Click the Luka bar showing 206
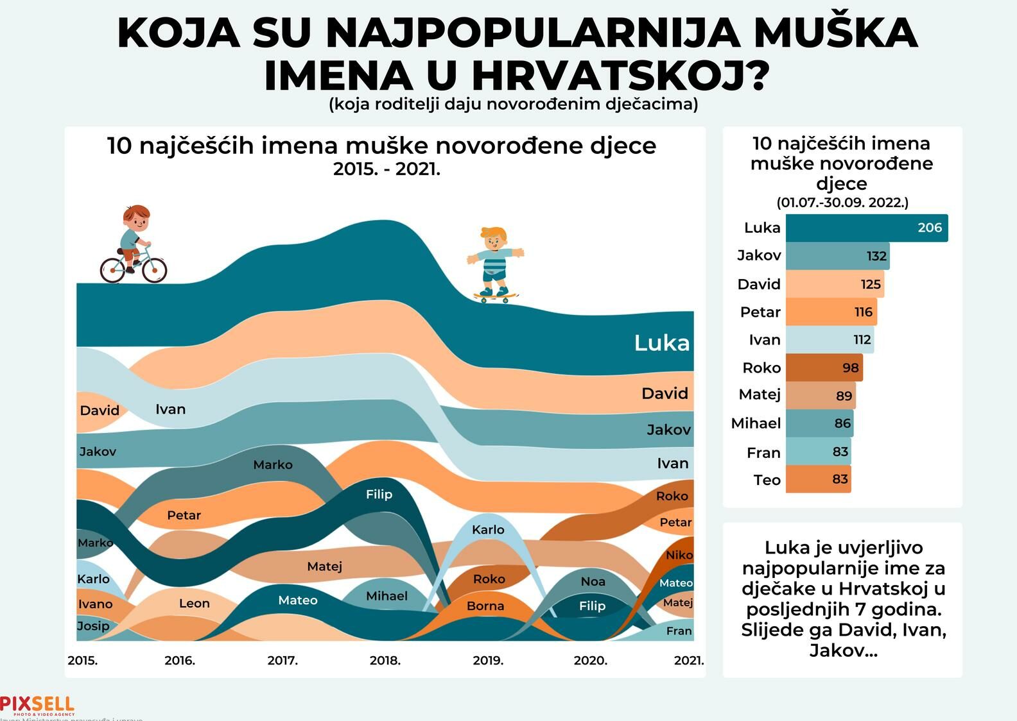(x=866, y=228)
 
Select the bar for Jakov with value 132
(x=837, y=256)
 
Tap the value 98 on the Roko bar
(x=850, y=368)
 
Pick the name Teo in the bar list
(x=767, y=480)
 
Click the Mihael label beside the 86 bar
(x=756, y=423)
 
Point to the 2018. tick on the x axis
(x=385, y=660)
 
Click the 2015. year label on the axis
(x=83, y=660)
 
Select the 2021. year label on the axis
(x=688, y=660)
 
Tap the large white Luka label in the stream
(x=661, y=343)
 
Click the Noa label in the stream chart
(x=593, y=581)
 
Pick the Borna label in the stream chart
(x=485, y=606)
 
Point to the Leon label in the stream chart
(x=194, y=603)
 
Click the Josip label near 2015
(x=93, y=625)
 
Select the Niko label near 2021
(x=679, y=555)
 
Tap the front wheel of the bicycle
(x=155, y=270)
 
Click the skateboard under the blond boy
(x=495, y=296)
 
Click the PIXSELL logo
(x=37, y=705)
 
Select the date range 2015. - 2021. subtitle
(x=387, y=169)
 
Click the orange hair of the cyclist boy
(x=137, y=212)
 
